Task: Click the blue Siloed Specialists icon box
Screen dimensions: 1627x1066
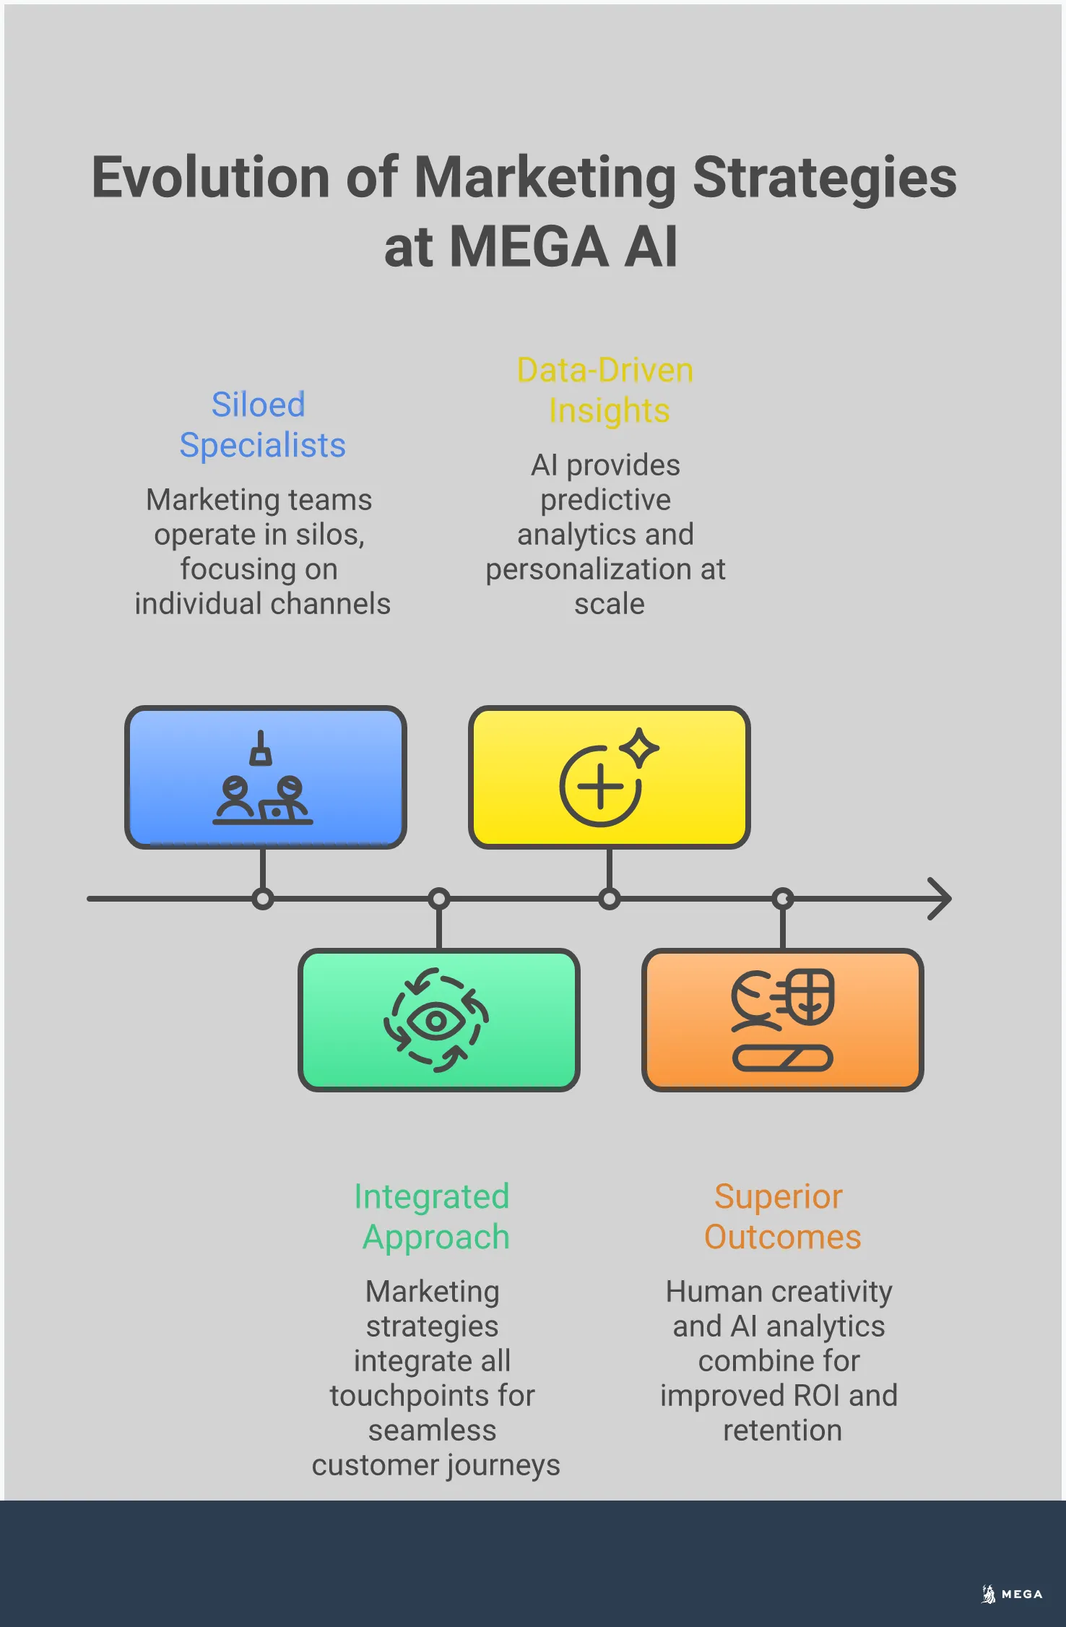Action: click(265, 777)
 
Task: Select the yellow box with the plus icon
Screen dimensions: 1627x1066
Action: click(609, 777)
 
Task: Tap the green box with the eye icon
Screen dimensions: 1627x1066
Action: click(438, 1019)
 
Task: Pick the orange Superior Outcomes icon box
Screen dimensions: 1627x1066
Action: click(782, 1019)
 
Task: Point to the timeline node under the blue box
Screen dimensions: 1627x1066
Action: click(263, 899)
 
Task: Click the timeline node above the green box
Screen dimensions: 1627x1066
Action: click(438, 899)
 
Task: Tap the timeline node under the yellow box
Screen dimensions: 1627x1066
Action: click(609, 899)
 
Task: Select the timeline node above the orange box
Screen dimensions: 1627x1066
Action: click(782, 899)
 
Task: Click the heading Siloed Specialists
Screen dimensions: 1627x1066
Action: click(261, 425)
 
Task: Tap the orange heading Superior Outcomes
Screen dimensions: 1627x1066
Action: click(781, 1217)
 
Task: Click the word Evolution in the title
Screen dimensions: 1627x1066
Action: click(211, 178)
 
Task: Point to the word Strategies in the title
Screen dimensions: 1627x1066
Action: click(824, 178)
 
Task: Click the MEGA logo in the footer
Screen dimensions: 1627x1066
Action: click(1013, 1594)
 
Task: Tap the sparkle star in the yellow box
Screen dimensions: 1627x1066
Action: click(640, 748)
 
